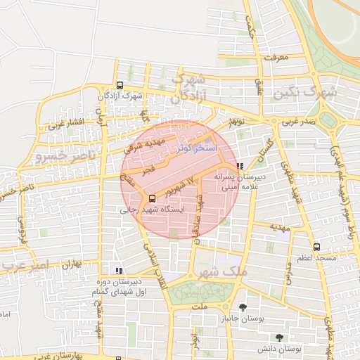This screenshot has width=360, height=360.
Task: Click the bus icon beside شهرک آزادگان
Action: point(120,85)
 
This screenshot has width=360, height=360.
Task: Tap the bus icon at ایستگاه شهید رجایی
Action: point(152,198)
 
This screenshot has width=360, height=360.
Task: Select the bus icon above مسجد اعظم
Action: point(316,247)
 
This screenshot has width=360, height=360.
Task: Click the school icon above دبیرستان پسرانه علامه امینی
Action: point(240,167)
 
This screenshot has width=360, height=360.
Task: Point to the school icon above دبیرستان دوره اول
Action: point(119,270)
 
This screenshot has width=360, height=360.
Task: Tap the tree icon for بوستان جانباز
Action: point(243,307)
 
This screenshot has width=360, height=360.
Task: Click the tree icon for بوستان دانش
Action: point(280,337)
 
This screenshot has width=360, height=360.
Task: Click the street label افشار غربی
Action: point(65,126)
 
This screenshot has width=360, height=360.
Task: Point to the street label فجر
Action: point(148,171)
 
